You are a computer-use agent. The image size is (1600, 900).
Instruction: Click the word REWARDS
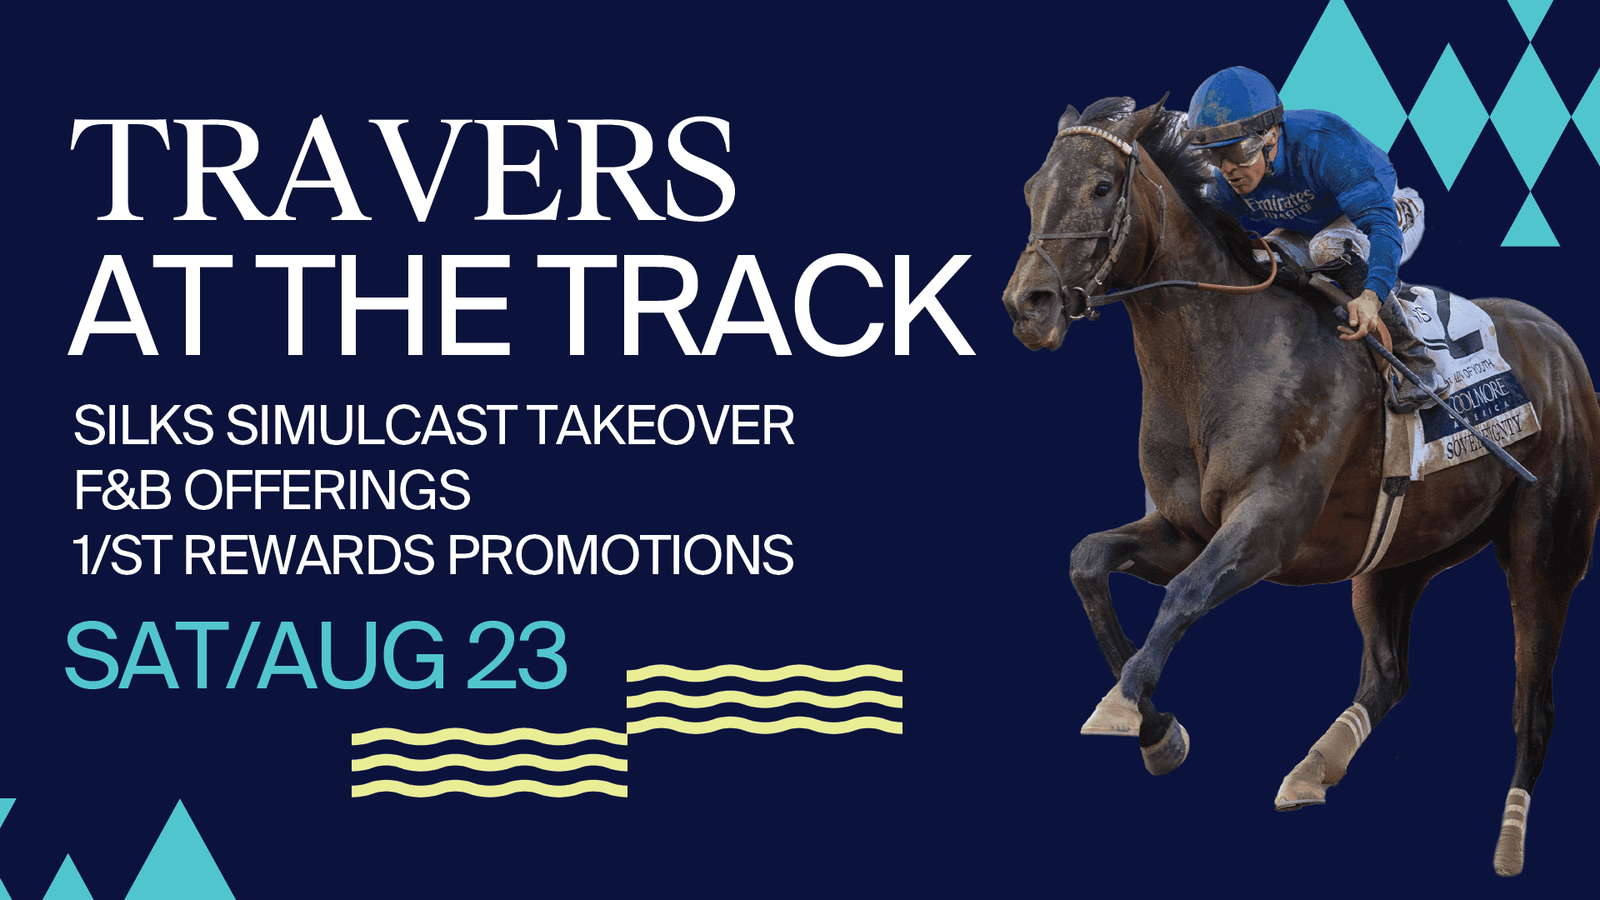coord(308,555)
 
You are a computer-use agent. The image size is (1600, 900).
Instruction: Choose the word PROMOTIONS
coord(621,555)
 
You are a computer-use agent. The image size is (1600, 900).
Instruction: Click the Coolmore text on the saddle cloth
coord(1479,395)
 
